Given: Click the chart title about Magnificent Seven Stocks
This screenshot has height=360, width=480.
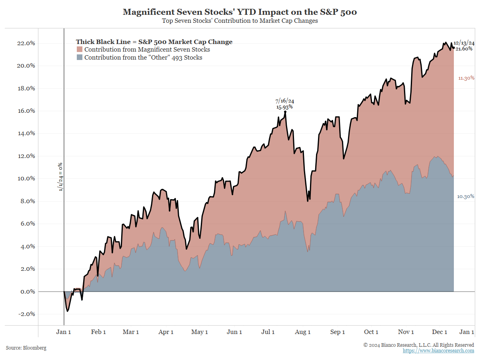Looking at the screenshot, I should [x=240, y=12].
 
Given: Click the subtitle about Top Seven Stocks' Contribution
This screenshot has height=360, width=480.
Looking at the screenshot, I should [x=240, y=21].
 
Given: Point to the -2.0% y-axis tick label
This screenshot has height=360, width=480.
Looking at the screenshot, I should [x=26, y=314].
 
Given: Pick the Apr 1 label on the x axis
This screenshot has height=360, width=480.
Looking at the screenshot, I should [x=166, y=332].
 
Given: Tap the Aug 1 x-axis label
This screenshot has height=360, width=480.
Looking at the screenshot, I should [x=303, y=332].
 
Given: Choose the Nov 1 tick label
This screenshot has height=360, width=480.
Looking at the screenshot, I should [x=406, y=332].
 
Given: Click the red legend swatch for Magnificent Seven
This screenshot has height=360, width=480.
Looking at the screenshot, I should [x=80, y=50].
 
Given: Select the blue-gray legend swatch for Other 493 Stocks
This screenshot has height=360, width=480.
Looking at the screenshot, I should [x=80, y=58].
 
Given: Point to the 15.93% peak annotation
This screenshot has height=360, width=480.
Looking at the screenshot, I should [x=284, y=107].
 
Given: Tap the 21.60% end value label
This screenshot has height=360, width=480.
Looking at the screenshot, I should [x=465, y=48].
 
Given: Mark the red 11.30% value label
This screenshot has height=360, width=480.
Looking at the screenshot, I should [x=466, y=78].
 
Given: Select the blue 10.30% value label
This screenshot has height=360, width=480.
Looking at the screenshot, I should [x=466, y=196].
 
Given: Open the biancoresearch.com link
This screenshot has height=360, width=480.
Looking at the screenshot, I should [x=438, y=351].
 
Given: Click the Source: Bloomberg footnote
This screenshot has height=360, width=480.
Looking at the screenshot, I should [x=26, y=348].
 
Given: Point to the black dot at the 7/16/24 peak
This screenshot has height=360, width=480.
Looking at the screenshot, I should [x=285, y=112].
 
